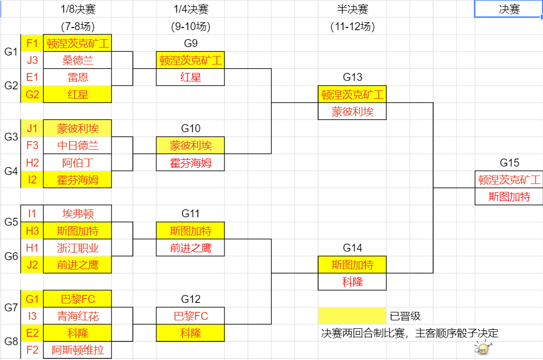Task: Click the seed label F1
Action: coord(32,43)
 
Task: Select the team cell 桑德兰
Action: coord(78,60)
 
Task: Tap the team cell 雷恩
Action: coord(78,77)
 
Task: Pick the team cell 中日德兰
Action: coord(78,145)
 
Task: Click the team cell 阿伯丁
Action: coord(78,162)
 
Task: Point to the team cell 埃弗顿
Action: coord(78,214)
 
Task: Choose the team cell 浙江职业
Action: coord(78,247)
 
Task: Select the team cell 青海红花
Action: coord(78,316)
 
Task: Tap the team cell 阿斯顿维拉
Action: coord(78,350)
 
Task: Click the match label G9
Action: coord(190,43)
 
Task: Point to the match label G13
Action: coord(352,77)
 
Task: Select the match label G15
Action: coord(510,163)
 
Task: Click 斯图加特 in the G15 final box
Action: coord(510,197)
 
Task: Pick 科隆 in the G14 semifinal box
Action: coord(352,282)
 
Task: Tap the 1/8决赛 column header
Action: coord(78,9)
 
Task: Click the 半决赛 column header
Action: coord(352,9)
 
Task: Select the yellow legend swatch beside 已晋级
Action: coord(352,316)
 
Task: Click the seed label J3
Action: coord(32,60)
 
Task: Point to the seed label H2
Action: coord(32,162)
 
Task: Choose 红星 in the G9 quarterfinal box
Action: coord(190,77)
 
